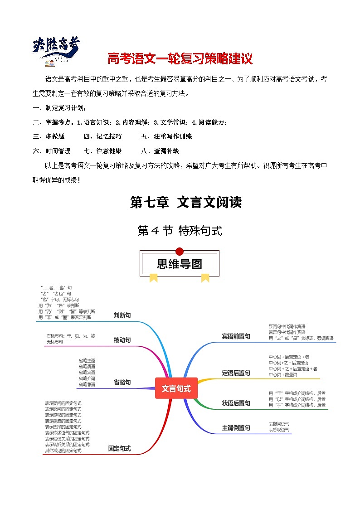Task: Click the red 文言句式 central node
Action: pos(176,388)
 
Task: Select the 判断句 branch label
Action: pos(122,315)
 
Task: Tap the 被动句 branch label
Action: pos(122,339)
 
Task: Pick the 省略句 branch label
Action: pos(122,382)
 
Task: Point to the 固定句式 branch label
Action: pos(119,448)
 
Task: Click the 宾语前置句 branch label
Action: pos(236,336)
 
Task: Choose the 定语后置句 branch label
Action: pos(236,373)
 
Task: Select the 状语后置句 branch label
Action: pos(236,403)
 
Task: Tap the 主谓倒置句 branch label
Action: pos(236,427)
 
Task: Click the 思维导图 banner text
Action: pos(180,264)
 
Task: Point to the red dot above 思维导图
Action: pos(180,252)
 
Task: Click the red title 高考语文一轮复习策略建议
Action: pos(180,59)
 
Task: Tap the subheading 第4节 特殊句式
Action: pos(180,231)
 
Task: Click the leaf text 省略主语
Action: pos(87,360)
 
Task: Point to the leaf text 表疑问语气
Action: pos(279,424)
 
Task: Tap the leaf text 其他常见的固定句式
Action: pos(63,451)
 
